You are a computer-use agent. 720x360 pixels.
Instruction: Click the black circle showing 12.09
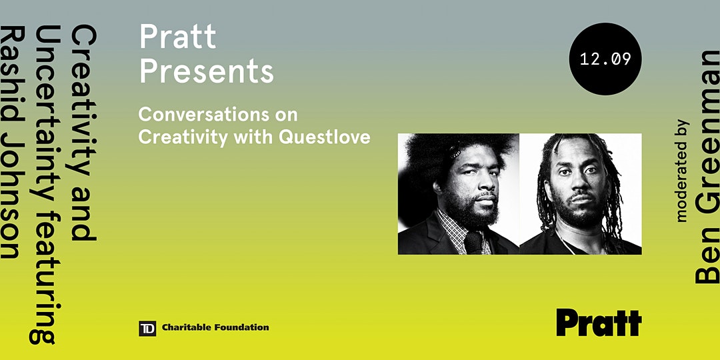(x=605, y=59)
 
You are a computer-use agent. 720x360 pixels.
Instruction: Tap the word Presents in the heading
(x=207, y=72)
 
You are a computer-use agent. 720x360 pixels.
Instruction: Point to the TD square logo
(x=147, y=328)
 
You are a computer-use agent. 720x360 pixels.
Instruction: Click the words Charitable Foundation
(x=215, y=327)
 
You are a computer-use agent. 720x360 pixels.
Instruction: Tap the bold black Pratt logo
(x=599, y=323)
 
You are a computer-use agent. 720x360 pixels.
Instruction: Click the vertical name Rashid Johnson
(x=11, y=142)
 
